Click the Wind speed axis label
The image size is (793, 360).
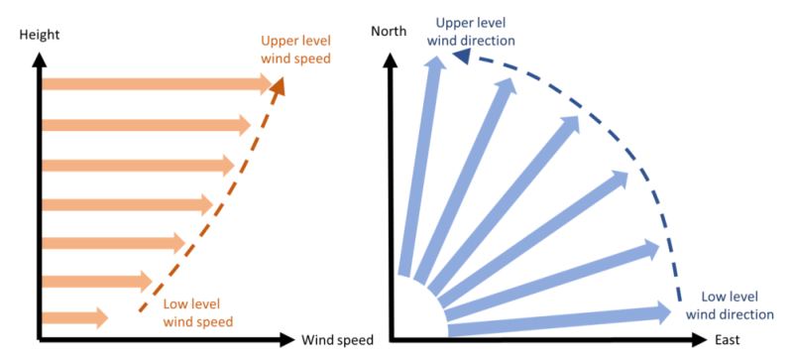coord(337,341)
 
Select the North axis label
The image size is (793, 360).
coord(389,31)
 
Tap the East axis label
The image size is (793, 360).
coord(726,341)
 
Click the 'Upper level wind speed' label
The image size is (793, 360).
coord(295,51)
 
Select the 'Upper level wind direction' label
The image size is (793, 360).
coord(470,31)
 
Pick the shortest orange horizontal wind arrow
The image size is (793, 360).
coord(74,318)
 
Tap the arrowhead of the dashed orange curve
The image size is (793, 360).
coord(279,86)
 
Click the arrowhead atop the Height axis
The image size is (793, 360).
coord(40,58)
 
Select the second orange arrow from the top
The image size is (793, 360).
coord(144,125)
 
